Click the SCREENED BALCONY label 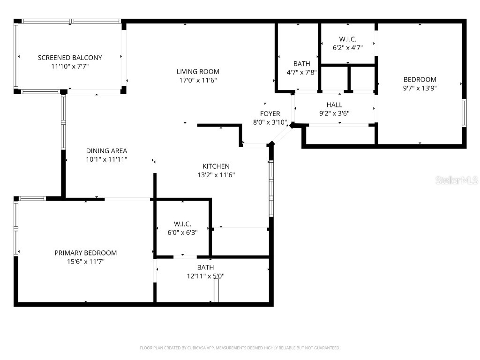70,58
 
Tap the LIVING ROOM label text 198,72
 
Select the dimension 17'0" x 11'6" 198,80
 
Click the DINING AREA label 106,151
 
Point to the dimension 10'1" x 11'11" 106,159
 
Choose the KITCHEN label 216,166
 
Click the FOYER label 270,114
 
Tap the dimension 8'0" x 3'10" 270,122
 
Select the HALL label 334,105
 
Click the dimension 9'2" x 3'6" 334,113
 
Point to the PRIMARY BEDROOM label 86,253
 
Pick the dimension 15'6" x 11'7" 86,262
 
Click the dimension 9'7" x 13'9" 420,88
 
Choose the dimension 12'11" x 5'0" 205,276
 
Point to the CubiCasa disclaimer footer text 240,348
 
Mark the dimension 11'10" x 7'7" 70,66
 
